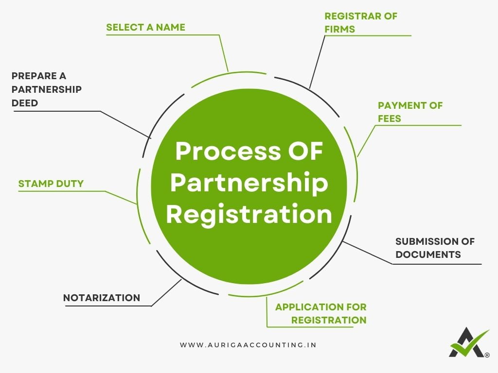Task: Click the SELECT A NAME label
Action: [145, 27]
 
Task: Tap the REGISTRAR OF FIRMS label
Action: [360, 22]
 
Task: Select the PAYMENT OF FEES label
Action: [410, 112]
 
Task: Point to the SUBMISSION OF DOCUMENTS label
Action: [434, 248]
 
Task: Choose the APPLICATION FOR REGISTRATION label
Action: [321, 314]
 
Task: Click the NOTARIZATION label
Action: [102, 298]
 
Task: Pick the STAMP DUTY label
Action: [51, 184]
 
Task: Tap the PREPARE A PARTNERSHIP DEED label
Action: [46, 89]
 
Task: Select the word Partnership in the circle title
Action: [249, 183]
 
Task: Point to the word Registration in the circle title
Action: [249, 214]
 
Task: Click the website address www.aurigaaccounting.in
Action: [249, 345]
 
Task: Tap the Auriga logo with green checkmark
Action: [468, 343]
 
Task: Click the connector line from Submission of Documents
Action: [367, 253]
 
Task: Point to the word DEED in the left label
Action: [25, 103]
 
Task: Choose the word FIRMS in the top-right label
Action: [340, 29]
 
